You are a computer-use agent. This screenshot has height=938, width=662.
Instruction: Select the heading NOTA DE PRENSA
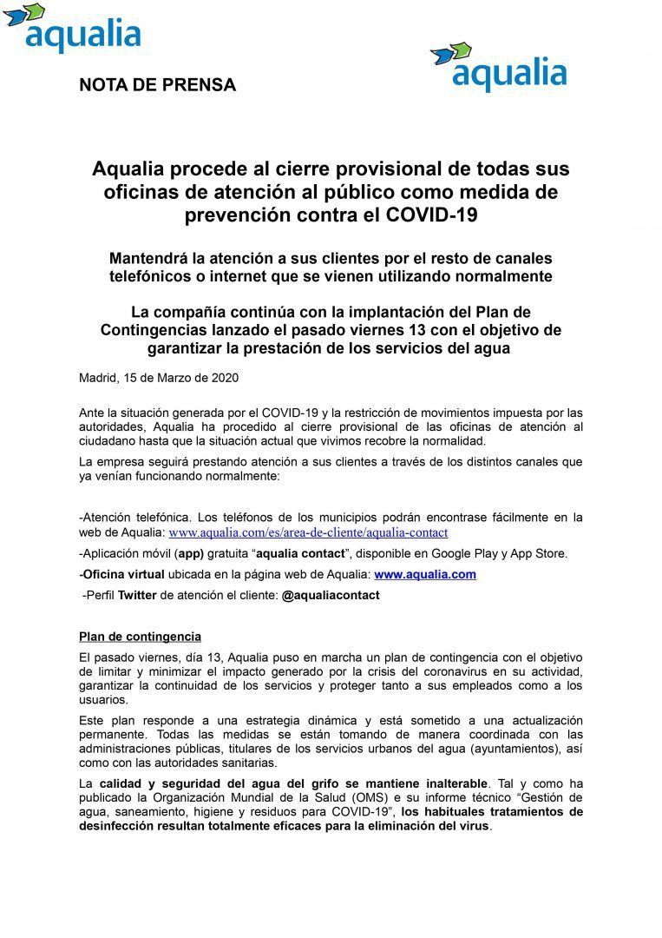coord(157,85)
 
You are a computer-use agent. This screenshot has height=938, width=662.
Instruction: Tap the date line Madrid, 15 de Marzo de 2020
coord(158,378)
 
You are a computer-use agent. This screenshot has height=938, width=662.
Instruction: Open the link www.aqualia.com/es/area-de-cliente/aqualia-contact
coord(308,532)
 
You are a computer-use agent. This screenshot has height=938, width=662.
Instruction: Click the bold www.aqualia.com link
coord(424,575)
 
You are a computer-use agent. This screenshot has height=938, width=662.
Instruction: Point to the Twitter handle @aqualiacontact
coord(331,596)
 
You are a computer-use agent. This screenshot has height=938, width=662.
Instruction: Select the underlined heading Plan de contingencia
coord(140,637)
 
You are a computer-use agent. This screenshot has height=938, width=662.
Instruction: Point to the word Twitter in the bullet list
coord(137,596)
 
